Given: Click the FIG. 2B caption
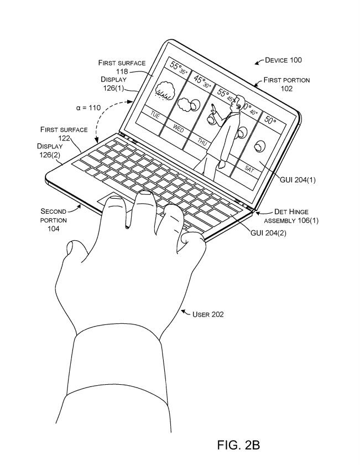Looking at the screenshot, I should coord(238,445).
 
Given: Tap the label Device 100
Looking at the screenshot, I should coord(283,60).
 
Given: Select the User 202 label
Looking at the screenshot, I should coord(208,314).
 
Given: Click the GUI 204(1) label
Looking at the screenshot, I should coord(298,179).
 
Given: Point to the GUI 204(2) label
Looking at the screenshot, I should coord(268,233).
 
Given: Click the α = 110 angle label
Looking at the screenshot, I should coord(88,107).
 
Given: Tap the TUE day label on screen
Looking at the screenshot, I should coord(155,116).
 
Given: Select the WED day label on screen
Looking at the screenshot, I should coord(179,128).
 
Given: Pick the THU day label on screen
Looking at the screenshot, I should coord(202,142).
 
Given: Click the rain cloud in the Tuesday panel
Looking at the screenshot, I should coord(164,89).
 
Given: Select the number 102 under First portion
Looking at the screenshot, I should coord(286,89).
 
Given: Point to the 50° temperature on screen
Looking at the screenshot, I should coord(270,119).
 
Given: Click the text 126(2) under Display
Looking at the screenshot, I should coord(50,154).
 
